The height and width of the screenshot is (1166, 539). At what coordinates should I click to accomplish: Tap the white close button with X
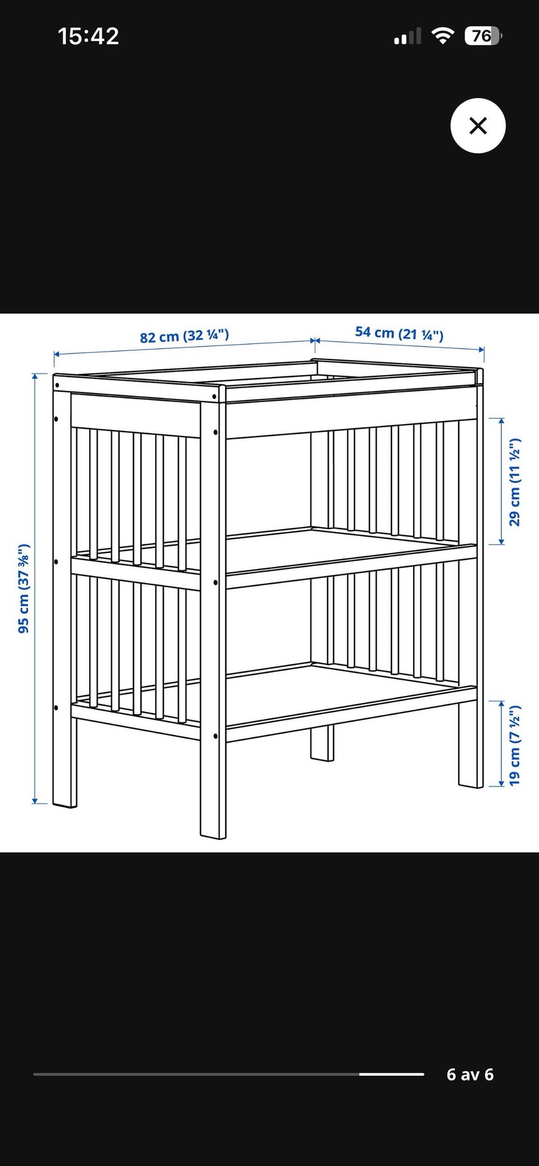coord(478,126)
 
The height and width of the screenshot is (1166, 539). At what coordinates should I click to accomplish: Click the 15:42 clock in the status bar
coord(88,36)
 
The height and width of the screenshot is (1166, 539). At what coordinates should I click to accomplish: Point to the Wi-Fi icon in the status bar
coord(443,36)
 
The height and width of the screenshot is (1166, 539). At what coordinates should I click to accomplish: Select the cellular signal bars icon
coord(408,37)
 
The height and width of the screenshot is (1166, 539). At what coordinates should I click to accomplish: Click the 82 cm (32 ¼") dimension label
coord(184,336)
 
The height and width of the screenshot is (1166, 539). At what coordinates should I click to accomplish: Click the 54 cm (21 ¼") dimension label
coord(399,333)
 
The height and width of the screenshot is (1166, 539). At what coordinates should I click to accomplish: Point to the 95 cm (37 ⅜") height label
coord(24,588)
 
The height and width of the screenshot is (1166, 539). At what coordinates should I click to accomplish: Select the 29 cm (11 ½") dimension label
coord(514,481)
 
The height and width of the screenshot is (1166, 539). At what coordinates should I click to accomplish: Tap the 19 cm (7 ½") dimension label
coord(514,745)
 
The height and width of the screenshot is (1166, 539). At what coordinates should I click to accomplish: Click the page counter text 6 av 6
coord(470,1074)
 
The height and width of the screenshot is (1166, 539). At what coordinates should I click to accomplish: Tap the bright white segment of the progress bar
coord(391,1074)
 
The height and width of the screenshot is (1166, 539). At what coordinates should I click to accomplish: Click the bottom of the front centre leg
coord(213,834)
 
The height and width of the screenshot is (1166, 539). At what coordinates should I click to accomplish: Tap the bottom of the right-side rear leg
coord(471,784)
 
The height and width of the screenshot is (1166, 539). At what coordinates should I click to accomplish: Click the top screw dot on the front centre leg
coord(215,397)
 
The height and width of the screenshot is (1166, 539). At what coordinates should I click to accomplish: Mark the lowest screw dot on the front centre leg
coord(216,735)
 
